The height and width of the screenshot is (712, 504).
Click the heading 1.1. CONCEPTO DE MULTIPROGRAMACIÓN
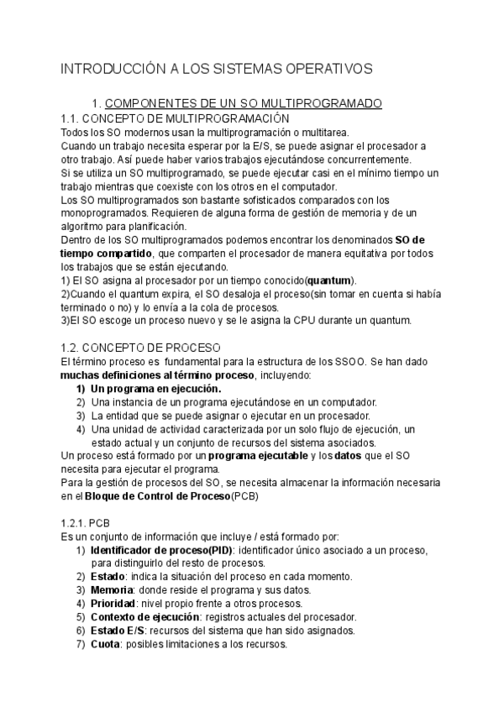176,118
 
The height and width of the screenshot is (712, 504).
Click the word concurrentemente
365,159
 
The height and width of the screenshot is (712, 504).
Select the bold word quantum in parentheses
328,280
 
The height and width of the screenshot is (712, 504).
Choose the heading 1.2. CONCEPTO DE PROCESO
129,347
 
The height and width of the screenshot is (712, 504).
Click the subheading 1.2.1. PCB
86,522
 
